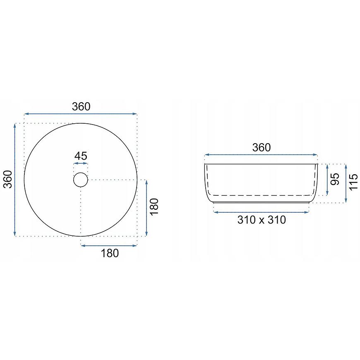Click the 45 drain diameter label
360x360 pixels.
(x=81, y=156)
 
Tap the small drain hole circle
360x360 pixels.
(x=81, y=173)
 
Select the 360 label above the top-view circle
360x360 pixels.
(x=81, y=106)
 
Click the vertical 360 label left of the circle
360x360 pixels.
(x=7, y=179)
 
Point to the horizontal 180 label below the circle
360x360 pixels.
(x=110, y=253)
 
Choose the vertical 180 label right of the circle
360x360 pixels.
(x=154, y=207)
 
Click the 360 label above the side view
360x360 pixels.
(x=262, y=147)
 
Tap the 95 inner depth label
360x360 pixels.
(x=335, y=179)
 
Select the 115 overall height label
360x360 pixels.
(x=354, y=182)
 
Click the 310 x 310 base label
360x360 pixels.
(x=262, y=220)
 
